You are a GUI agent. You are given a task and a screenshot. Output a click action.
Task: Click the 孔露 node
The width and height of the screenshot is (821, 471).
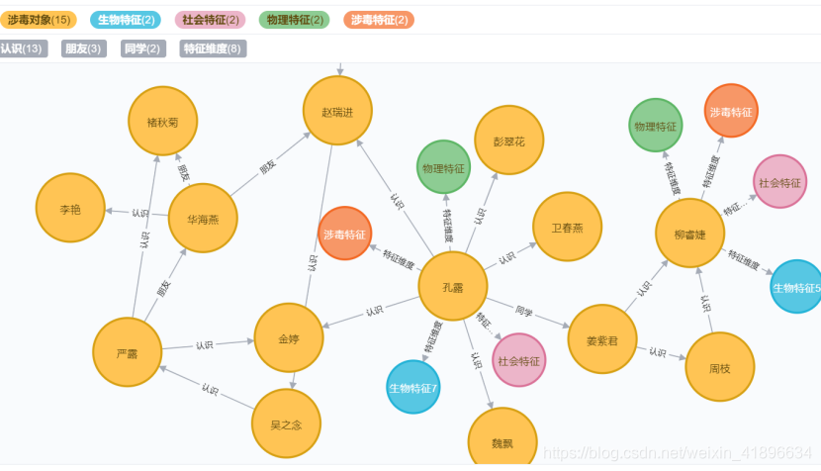tap(453, 287)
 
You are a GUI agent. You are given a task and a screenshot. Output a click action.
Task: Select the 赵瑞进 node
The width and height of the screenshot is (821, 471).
tap(338, 111)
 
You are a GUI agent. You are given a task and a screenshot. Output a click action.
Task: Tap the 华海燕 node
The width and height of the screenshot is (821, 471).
tap(203, 219)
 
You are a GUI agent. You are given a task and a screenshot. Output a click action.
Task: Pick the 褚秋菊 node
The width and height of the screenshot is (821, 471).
tap(162, 123)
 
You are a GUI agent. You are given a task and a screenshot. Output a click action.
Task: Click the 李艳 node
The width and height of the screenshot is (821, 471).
tap(69, 209)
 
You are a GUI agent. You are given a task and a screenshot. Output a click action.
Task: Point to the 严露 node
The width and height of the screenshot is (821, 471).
tap(127, 352)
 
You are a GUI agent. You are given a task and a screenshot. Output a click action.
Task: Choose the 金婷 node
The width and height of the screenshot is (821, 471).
tap(289, 338)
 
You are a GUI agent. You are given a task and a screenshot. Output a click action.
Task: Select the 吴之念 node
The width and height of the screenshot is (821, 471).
tap(287, 424)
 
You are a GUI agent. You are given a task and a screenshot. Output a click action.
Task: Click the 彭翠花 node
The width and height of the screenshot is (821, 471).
tap(508, 141)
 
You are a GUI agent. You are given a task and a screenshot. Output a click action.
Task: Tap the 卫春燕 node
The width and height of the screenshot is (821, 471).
tap(567, 227)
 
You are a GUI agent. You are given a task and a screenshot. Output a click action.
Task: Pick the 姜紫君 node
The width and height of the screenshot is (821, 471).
tap(601, 339)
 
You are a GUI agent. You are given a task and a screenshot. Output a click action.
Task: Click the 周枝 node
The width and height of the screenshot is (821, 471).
tap(719, 367)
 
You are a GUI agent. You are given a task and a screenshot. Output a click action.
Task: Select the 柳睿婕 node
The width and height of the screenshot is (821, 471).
tap(690, 234)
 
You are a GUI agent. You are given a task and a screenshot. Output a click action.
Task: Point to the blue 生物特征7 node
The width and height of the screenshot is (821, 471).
tap(412, 387)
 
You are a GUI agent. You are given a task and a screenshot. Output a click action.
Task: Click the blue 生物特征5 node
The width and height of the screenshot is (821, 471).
tap(797, 287)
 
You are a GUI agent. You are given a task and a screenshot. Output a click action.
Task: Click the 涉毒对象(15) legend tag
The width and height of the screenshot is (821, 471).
tap(39, 20)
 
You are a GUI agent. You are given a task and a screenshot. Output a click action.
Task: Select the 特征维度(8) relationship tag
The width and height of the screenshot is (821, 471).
tap(213, 48)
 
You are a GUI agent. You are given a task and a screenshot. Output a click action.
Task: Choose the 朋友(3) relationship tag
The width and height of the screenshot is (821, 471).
tap(83, 48)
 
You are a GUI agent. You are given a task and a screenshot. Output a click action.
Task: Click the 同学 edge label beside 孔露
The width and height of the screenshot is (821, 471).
tap(524, 311)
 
